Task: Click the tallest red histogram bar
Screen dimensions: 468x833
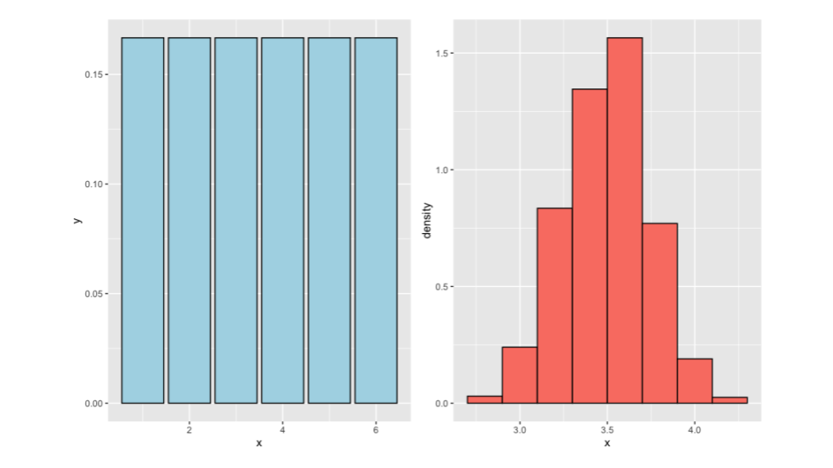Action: click(624, 221)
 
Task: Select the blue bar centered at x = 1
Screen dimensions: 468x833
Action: click(142, 221)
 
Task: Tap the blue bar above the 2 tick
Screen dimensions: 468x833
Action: click(189, 221)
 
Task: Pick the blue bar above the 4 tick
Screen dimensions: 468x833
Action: click(283, 221)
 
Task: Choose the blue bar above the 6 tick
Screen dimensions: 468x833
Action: click(376, 221)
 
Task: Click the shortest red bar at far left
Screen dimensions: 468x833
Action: click(484, 400)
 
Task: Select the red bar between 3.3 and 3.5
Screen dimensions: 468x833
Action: click(589, 247)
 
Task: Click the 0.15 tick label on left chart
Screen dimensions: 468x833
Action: click(96, 75)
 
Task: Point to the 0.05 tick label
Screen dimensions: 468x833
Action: click(96, 294)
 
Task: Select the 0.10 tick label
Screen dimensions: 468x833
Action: click(96, 185)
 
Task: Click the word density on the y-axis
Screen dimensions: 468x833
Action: click(426, 221)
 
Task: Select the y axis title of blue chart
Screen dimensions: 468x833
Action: click(78, 221)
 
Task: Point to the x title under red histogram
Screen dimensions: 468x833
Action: click(607, 444)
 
